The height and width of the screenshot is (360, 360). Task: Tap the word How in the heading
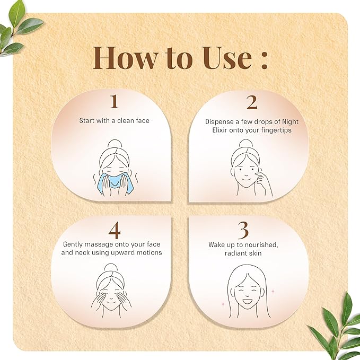coord(125,58)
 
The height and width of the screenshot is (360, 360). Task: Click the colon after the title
coord(264,60)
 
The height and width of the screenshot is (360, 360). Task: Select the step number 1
coord(115,102)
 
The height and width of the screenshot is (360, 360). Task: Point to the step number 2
coord(252,102)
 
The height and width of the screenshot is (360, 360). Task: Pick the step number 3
coord(243,230)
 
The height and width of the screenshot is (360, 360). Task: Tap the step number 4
coord(115,230)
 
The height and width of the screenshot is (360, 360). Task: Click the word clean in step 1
coord(125,120)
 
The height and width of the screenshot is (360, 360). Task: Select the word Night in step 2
coord(290,122)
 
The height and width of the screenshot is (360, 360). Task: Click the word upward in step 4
coord(122,253)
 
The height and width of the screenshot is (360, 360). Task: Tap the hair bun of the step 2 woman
coord(246,144)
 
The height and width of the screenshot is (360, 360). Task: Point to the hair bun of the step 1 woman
coord(115,144)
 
